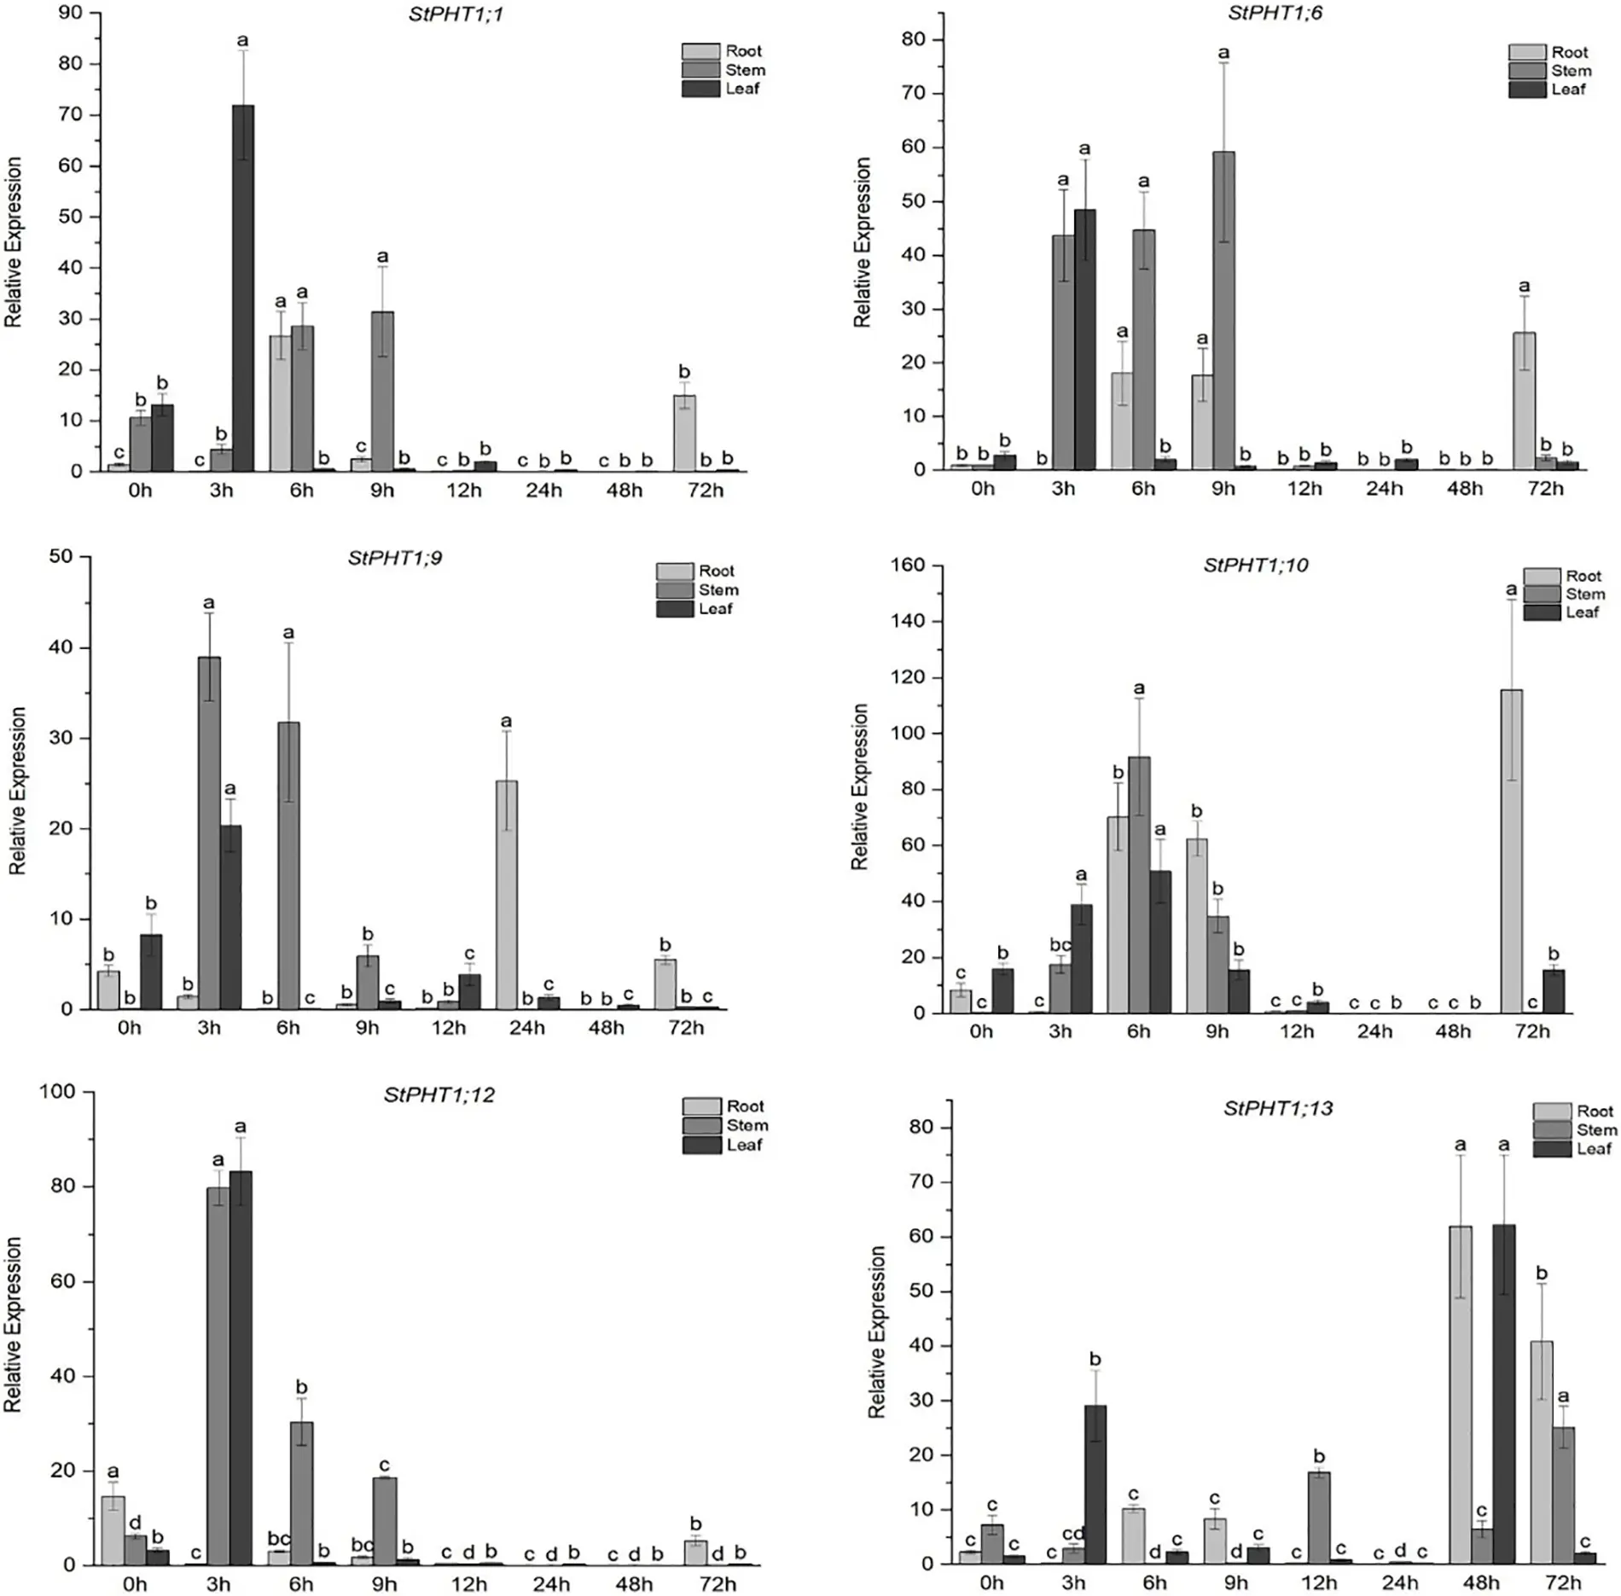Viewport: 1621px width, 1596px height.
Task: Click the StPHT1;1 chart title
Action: (x=456, y=15)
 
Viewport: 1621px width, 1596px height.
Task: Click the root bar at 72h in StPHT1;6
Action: (x=1524, y=401)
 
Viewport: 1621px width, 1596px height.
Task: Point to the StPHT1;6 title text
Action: (x=1275, y=13)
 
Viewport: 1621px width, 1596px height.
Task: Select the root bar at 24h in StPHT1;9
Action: (x=506, y=895)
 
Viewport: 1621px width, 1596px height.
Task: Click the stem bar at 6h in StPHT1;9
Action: (x=288, y=866)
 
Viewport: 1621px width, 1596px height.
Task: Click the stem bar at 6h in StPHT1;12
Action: (x=301, y=1493)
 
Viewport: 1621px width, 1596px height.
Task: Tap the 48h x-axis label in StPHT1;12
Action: (x=634, y=1584)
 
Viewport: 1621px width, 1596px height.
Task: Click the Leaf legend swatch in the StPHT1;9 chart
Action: (x=674, y=609)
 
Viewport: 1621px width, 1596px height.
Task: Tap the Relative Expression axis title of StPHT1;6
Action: (x=863, y=242)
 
